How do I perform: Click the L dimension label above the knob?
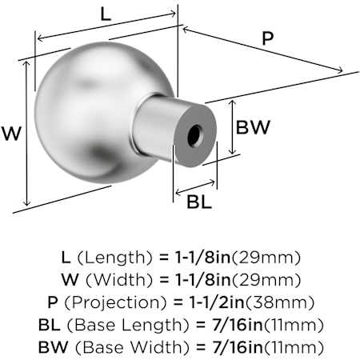[106, 14]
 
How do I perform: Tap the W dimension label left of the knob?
[11, 134]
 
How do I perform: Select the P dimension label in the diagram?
[268, 38]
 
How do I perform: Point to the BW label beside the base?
[253, 127]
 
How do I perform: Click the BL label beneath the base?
[199, 202]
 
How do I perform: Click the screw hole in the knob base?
[194, 135]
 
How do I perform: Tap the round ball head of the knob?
[100, 112]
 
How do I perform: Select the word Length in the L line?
[114, 258]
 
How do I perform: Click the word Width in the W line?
[119, 280]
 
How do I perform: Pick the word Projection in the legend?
[115, 302]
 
